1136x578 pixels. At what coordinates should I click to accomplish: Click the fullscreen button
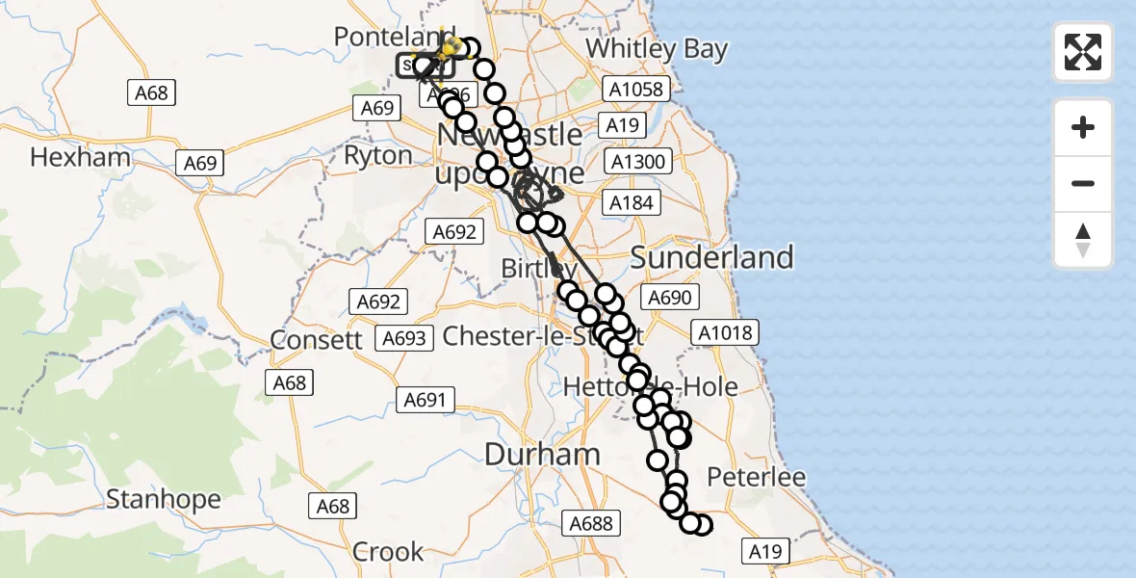point(1083,52)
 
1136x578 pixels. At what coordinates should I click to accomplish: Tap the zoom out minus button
point(1083,184)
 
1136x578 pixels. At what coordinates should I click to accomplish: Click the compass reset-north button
point(1083,240)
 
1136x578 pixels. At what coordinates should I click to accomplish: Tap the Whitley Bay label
point(657,48)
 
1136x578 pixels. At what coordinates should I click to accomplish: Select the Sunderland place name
point(711,257)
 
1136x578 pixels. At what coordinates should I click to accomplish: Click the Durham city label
point(542,454)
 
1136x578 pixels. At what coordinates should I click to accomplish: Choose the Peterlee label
point(756,477)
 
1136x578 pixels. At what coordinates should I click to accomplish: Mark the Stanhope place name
point(163,499)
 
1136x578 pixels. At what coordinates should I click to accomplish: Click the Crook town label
point(388,551)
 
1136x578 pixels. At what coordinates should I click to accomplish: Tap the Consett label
point(316,339)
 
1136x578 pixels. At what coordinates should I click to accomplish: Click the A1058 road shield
point(635,90)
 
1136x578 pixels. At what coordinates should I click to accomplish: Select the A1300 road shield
point(638,162)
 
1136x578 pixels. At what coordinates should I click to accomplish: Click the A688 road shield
point(590,524)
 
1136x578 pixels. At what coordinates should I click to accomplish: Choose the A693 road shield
point(404,338)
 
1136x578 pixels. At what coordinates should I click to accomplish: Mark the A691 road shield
point(424,399)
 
